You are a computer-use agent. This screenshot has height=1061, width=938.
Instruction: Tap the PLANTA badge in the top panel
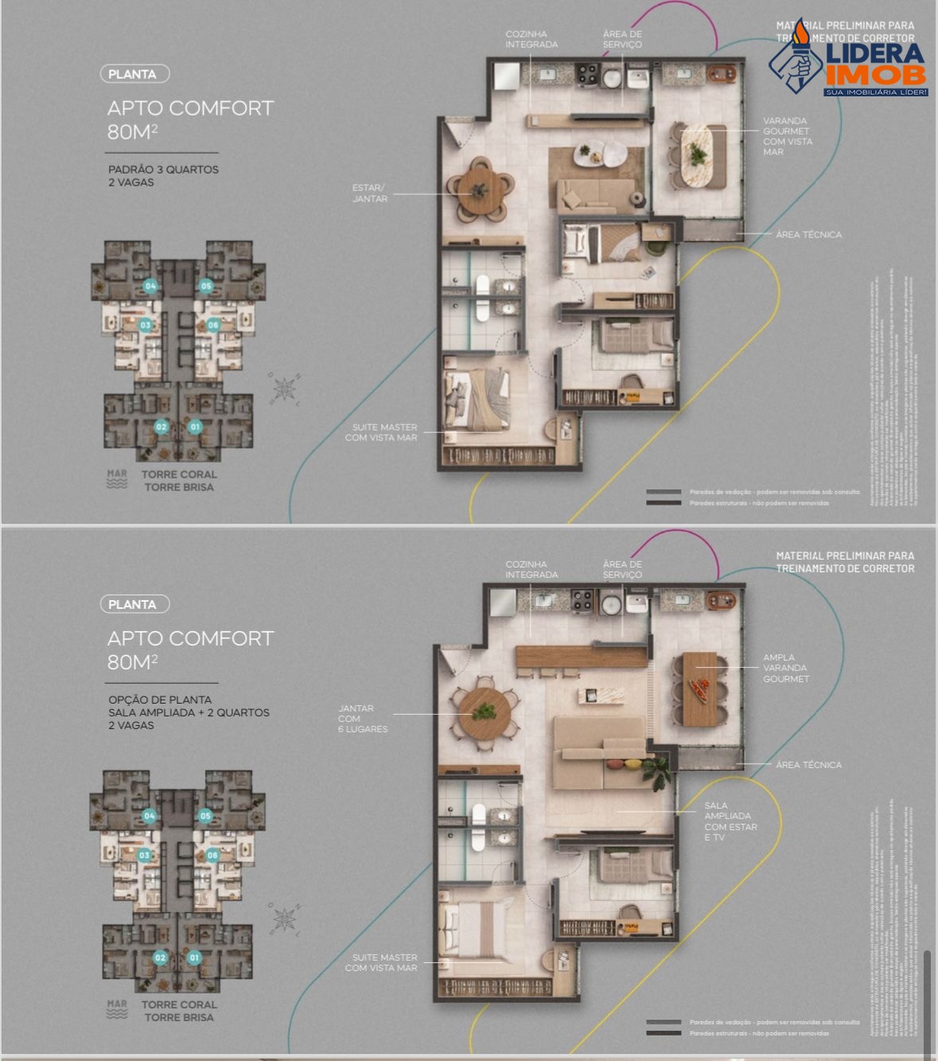tap(134, 74)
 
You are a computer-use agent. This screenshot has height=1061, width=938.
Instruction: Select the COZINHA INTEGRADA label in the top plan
tap(531, 40)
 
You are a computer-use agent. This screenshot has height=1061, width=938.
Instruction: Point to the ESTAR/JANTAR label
tap(370, 193)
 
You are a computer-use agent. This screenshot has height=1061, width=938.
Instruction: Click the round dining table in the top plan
tap(479, 191)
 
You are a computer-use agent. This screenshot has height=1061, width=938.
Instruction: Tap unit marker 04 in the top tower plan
tap(150, 286)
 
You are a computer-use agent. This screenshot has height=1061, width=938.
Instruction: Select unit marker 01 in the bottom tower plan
tap(194, 958)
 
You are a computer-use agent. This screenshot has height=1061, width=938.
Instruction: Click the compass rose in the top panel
tap(284, 389)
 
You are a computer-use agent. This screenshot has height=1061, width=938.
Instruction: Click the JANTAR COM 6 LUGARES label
tap(362, 719)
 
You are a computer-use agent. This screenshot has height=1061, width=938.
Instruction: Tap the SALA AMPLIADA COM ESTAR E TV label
tap(730, 821)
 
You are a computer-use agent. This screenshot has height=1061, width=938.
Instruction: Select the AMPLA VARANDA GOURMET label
tap(785, 669)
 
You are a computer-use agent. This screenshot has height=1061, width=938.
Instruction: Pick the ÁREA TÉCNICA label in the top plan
tap(808, 235)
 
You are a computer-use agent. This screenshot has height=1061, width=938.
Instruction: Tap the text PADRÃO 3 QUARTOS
tap(163, 170)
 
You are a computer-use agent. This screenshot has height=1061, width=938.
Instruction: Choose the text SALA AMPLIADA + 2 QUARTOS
tap(189, 712)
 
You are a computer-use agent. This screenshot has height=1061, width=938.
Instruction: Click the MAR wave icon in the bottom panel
tap(117, 1010)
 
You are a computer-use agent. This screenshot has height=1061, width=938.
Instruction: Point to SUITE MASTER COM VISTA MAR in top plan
tap(381, 432)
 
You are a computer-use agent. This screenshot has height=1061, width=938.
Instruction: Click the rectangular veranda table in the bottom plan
tap(700, 688)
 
